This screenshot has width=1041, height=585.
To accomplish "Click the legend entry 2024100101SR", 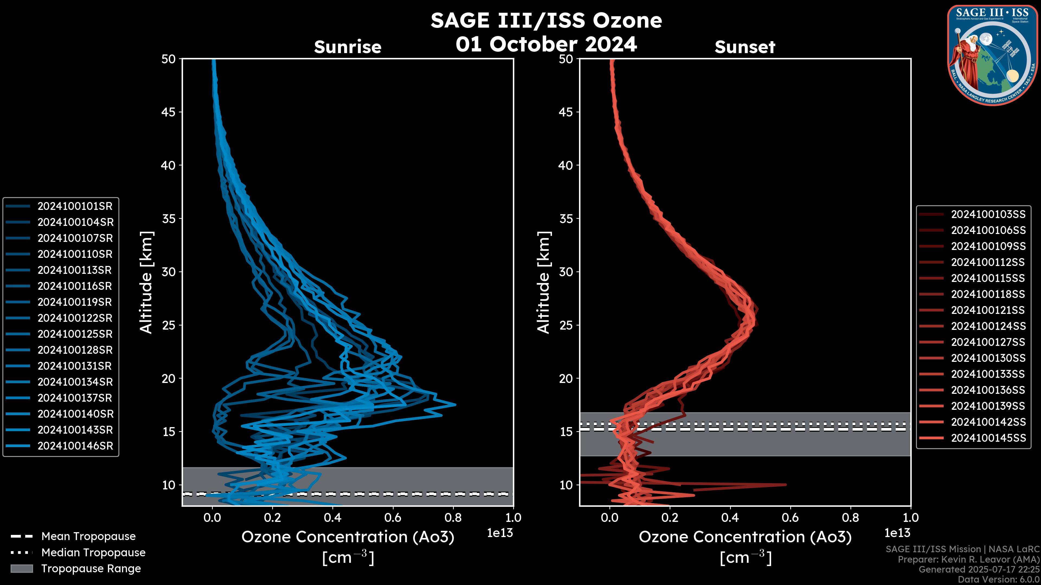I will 75,206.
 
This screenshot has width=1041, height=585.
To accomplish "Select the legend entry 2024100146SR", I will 75,446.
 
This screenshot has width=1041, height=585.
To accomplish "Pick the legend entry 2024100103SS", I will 988,214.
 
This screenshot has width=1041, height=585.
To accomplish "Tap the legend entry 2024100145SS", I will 988,438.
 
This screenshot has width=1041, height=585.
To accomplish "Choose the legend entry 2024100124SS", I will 988,326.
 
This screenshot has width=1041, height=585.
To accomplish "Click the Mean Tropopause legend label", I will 88,537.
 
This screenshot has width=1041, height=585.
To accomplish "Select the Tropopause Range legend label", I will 91,569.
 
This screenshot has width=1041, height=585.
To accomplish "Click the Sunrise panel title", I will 348,47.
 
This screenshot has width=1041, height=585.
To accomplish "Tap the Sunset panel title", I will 745,47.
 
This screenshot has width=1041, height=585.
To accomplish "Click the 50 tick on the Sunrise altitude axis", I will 169,59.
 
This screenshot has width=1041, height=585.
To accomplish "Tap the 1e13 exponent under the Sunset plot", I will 897,533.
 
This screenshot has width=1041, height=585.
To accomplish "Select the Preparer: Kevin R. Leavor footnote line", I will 969,560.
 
